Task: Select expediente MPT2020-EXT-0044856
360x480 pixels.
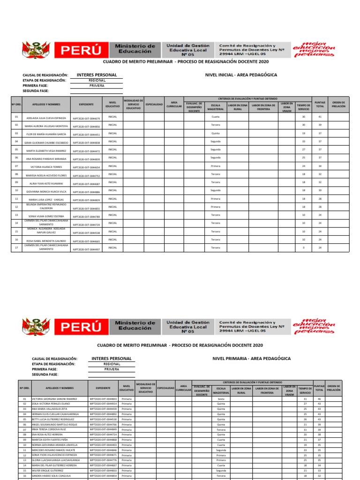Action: (x=86, y=127)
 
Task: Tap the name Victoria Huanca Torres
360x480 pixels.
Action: (x=46, y=167)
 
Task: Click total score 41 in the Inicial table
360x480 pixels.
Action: (x=320, y=117)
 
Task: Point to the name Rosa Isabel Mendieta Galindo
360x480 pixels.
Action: (x=46, y=241)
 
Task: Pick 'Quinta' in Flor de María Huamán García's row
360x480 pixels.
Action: (x=215, y=133)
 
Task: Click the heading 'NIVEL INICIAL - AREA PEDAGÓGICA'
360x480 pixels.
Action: (x=241, y=75)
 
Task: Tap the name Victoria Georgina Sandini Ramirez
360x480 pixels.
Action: (x=54, y=399)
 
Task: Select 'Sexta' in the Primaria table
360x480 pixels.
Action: (x=221, y=399)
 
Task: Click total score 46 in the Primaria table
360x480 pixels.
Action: (x=319, y=399)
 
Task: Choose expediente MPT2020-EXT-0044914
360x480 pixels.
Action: (x=103, y=404)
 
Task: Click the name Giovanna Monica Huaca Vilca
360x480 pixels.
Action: (x=46, y=192)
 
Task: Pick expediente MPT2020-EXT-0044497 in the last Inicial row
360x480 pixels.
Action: (x=86, y=249)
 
